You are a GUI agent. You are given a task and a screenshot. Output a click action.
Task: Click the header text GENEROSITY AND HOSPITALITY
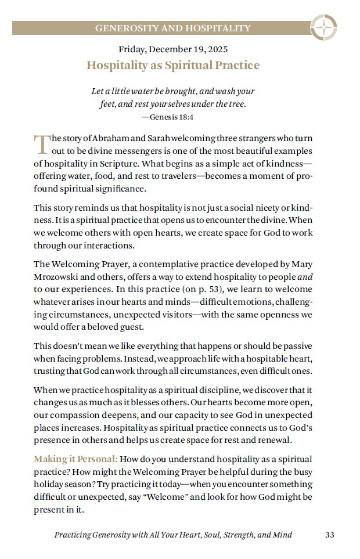tap(173, 28)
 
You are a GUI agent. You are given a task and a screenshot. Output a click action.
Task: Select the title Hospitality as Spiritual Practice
tap(173, 65)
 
